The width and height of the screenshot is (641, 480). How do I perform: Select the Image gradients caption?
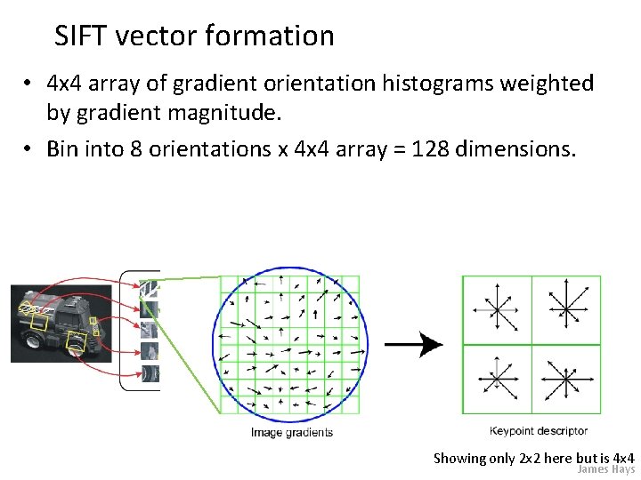(x=292, y=433)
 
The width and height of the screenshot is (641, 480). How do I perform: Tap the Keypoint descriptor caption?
(x=539, y=431)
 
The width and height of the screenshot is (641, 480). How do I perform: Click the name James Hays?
(x=606, y=469)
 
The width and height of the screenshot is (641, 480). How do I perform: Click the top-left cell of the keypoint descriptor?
(x=497, y=309)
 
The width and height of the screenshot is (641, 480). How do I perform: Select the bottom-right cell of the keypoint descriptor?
(x=566, y=380)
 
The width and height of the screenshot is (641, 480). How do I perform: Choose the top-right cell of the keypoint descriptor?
(x=566, y=309)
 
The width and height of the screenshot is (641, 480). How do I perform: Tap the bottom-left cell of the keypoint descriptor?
(x=497, y=380)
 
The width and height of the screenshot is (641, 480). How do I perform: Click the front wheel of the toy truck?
(x=76, y=342)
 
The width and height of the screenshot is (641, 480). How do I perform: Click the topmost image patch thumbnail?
(x=150, y=289)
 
